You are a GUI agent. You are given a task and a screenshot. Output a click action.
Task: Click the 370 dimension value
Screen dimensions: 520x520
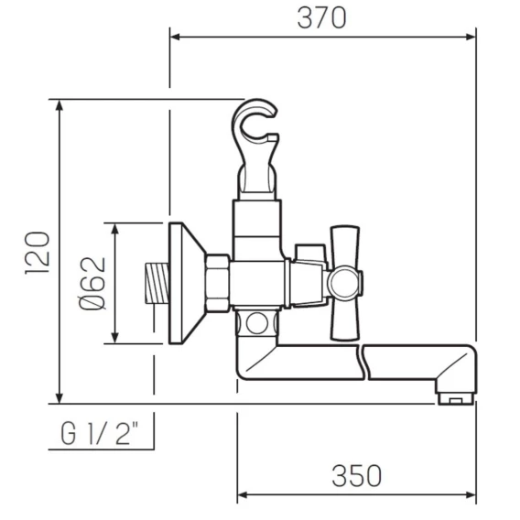pos(321,18)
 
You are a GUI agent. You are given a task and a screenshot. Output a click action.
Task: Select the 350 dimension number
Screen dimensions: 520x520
pos(356,476)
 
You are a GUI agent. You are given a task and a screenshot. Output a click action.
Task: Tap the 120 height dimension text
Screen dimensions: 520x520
pos(38,253)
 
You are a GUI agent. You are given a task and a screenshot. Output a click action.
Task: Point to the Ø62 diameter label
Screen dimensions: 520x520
pos(92,284)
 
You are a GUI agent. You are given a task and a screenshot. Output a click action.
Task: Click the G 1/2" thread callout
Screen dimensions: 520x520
pos(100,433)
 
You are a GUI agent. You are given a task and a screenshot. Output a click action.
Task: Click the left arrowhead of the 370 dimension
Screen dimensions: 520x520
pos(175,37)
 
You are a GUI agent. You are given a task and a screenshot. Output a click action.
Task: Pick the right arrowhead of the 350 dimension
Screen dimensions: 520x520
pos(471,495)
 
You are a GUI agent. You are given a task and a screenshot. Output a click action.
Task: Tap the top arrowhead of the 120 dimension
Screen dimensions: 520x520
pos(60,105)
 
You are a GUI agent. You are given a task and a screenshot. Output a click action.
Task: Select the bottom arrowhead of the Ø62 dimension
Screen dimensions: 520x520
pos(115,338)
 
